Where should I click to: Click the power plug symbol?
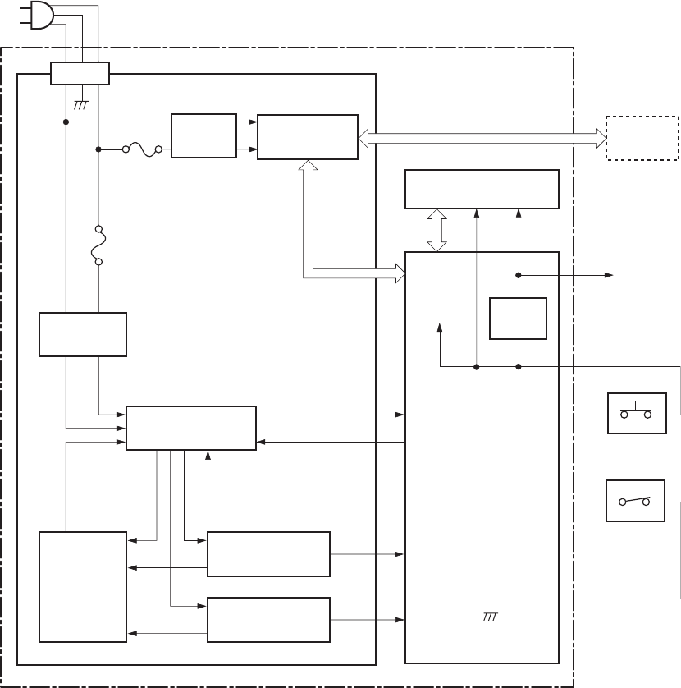tap(40, 14)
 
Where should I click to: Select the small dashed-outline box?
tap(642, 138)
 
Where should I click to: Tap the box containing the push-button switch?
tap(636, 413)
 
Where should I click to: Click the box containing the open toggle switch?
tap(635, 500)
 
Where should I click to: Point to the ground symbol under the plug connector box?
tap(80, 104)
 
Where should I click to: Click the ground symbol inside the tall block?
tap(489, 616)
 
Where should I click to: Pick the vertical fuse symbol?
tap(98, 245)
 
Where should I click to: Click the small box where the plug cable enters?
tap(80, 73)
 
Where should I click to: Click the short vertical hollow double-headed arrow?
tap(436, 230)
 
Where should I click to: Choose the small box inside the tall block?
tap(518, 318)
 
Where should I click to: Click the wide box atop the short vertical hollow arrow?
tap(482, 190)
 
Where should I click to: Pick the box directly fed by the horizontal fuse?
tap(203, 135)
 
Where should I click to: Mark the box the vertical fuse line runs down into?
tap(82, 334)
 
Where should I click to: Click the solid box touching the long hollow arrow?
tap(307, 136)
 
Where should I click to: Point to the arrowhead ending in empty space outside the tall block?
tap(610, 275)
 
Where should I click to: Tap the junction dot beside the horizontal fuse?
tap(98, 149)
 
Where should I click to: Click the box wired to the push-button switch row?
tap(190, 427)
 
